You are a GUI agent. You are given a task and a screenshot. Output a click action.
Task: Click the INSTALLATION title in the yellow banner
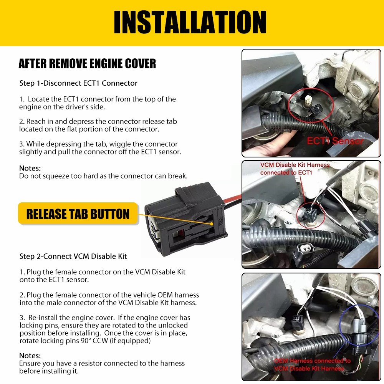[x=190, y=22]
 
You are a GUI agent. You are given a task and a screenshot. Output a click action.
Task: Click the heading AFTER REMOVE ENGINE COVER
[x=87, y=63]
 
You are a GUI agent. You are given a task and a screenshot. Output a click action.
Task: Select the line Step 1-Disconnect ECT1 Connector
[x=78, y=83]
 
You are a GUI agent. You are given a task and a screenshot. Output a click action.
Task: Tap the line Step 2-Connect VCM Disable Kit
[x=73, y=256]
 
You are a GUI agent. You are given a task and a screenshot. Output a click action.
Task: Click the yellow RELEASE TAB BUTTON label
[x=78, y=214]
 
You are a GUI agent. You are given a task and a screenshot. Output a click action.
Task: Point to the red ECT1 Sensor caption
[x=335, y=141]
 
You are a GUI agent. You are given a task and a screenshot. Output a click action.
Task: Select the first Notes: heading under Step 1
[x=30, y=168]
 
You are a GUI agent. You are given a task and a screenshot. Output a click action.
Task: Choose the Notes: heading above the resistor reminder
[x=30, y=356]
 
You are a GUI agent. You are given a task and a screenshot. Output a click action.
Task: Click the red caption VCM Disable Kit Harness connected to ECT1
[x=295, y=169]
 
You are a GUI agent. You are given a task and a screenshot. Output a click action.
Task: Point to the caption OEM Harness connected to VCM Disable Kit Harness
[x=312, y=365]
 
